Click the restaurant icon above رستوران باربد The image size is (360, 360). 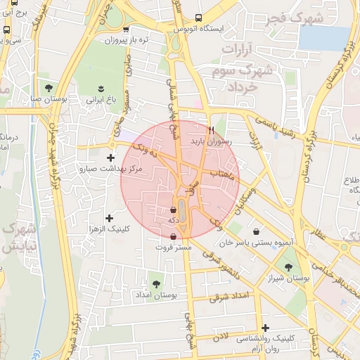tap(211, 130)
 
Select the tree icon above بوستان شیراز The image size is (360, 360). tap(288, 266)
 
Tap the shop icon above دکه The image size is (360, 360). tap(174, 210)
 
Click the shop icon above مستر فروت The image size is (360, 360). tap(174, 236)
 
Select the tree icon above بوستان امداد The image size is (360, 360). tap(156, 284)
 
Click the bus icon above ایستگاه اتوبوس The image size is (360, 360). tap(199, 17)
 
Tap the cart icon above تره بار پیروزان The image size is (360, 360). tap(126, 30)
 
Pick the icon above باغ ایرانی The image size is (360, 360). tap(102, 89)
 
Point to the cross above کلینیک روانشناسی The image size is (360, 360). tap(265, 328)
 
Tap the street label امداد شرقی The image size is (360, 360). tap(230, 297)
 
